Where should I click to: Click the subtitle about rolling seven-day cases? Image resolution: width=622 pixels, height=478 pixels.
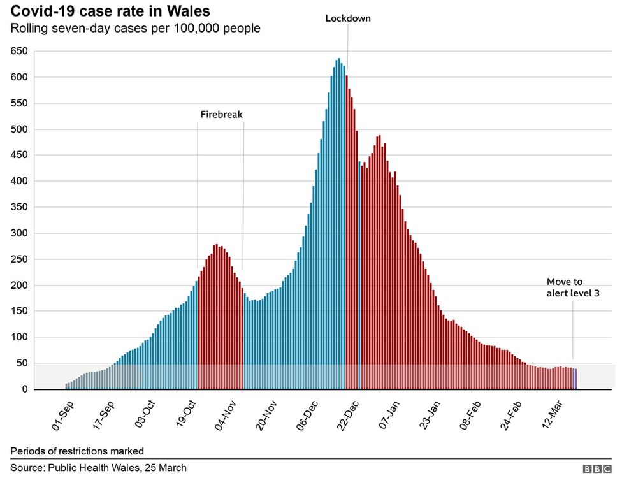coord(135,29)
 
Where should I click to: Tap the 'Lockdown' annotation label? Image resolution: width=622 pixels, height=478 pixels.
coord(347,18)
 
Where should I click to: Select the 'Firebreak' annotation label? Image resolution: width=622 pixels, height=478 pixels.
coord(222,115)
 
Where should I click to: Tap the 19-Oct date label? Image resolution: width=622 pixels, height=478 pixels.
coord(185,414)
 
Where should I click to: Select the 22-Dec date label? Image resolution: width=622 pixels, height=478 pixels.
coord(347,414)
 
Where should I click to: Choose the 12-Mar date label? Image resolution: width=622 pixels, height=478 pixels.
coord(553,414)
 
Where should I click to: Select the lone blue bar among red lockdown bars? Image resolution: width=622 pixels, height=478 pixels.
coord(359,274)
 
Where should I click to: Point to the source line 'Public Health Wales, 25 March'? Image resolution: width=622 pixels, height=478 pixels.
coord(98,468)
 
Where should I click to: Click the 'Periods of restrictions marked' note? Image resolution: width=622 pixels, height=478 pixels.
coord(76,451)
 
